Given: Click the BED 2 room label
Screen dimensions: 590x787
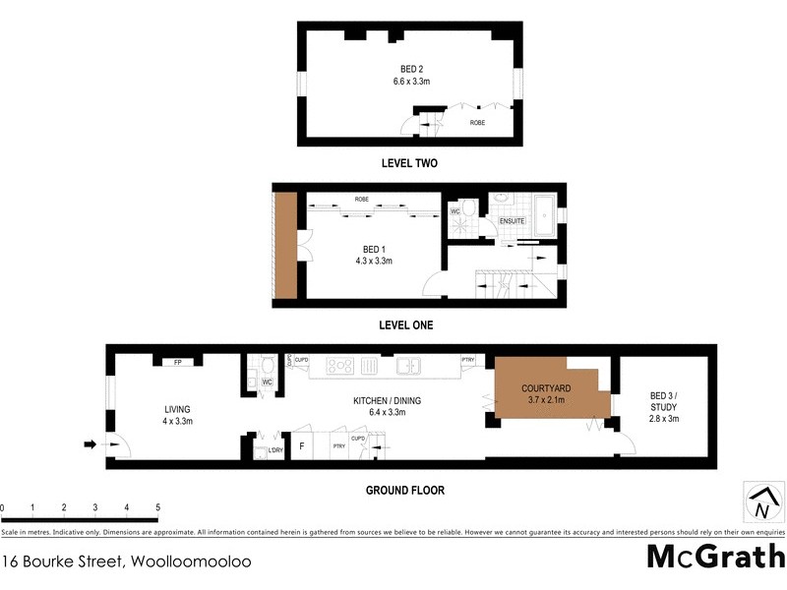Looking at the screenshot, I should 410,68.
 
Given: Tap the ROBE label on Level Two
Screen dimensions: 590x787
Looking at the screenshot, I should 477,123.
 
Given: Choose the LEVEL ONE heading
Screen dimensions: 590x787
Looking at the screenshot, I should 406,324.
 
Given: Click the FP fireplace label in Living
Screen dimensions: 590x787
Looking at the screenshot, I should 178,362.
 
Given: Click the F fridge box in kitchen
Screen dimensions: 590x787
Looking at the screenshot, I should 301,446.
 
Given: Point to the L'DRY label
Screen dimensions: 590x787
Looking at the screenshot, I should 275,451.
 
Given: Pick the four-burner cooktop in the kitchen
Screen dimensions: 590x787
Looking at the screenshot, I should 339,366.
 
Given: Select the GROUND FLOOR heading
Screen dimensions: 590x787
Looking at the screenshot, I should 405,490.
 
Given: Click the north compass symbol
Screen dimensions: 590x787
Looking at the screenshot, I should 761,502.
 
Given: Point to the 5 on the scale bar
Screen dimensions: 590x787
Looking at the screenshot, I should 157,507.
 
